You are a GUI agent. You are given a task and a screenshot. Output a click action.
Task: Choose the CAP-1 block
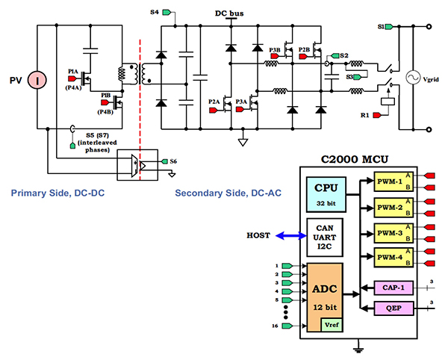point(394,287)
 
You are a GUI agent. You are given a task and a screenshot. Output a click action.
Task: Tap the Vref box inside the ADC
point(331,323)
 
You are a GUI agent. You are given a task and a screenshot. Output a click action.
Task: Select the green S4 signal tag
point(169,13)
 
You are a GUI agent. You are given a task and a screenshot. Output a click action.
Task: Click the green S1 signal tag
point(390,27)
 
